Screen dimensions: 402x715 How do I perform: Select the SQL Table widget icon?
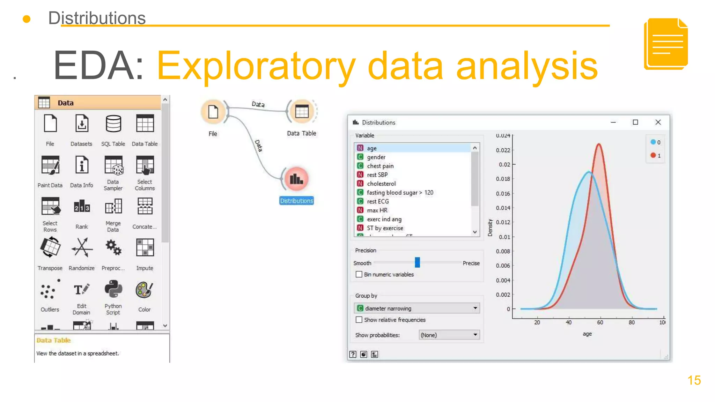pyautogui.click(x=113, y=124)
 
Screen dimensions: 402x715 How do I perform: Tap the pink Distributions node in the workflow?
pyautogui.click(x=296, y=179)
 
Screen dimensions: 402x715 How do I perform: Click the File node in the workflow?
pyautogui.click(x=213, y=112)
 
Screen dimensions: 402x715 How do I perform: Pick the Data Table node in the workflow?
pyautogui.click(x=302, y=112)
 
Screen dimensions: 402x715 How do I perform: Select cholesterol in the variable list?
pyautogui.click(x=381, y=184)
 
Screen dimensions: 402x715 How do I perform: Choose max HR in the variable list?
pyautogui.click(x=377, y=210)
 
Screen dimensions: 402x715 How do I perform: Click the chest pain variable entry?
pyautogui.click(x=380, y=166)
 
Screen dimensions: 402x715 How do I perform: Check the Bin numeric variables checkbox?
pyautogui.click(x=359, y=274)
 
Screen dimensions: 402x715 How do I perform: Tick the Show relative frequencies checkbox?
pyautogui.click(x=359, y=320)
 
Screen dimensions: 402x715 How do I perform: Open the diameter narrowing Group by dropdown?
pyautogui.click(x=417, y=308)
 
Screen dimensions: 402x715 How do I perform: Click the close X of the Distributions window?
pyautogui.click(x=658, y=122)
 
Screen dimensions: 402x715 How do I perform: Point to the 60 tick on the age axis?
pyautogui.click(x=600, y=322)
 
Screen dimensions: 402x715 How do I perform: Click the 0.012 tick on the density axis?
pyautogui.click(x=503, y=222)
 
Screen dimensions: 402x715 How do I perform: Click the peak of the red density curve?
pyautogui.click(x=599, y=144)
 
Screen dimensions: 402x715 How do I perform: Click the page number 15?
pyautogui.click(x=694, y=380)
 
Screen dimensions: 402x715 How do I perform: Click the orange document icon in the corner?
pyautogui.click(x=666, y=44)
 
